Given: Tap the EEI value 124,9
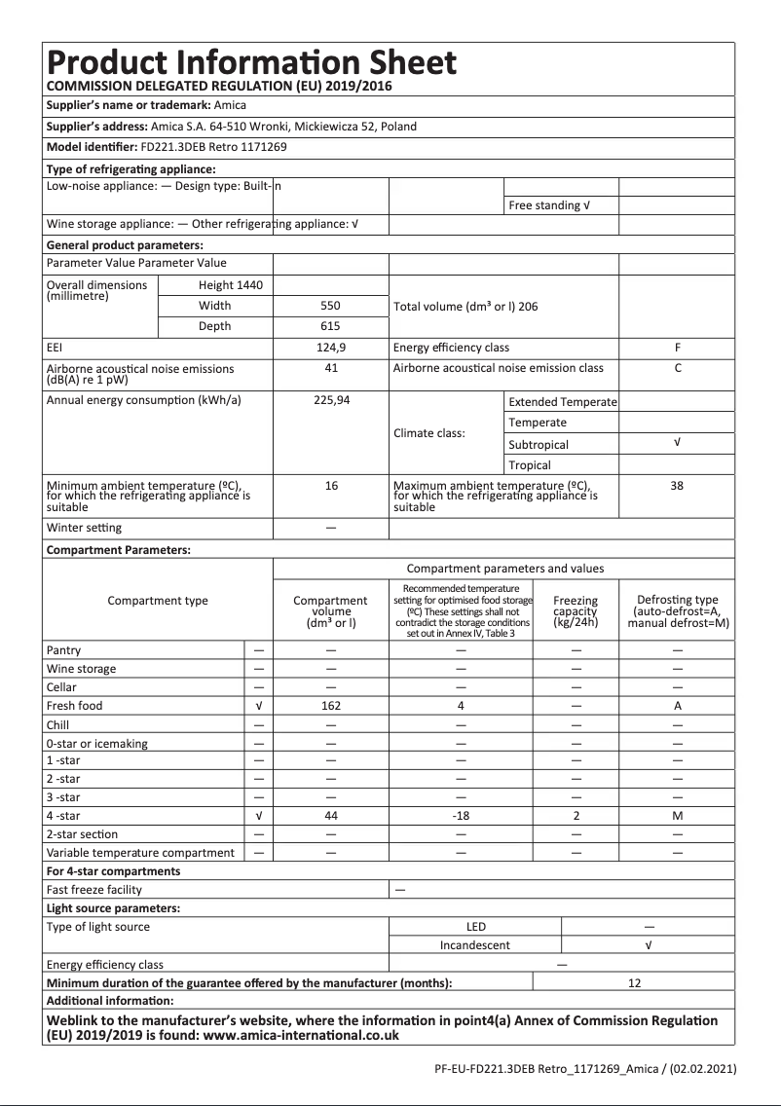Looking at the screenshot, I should pos(331,348).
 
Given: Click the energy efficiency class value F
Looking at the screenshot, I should pos(677,348).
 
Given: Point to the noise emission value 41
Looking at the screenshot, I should pos(331,368).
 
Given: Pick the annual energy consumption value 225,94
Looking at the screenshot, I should pos(331,401).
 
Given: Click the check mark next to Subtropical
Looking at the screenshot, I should pos(677,443).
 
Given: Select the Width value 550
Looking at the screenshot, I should pos(331,306).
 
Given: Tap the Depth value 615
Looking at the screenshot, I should pos(331,326).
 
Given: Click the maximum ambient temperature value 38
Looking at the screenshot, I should pos(677,485).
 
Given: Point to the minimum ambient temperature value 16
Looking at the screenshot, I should pos(331,485).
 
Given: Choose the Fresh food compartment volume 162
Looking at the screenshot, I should pos(331,706).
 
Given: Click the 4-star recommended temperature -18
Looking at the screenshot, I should pos(462,816).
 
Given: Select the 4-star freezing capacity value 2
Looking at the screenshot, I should pos(576,816).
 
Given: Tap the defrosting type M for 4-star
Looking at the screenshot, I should pos(677,816).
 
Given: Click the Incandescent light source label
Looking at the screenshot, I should pos(474,945).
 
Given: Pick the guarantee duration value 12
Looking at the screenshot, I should pos(634,983).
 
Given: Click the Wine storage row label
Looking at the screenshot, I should pos(81,669).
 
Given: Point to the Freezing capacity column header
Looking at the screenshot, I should pos(576,611).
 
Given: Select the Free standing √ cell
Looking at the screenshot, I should pos(549,205).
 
